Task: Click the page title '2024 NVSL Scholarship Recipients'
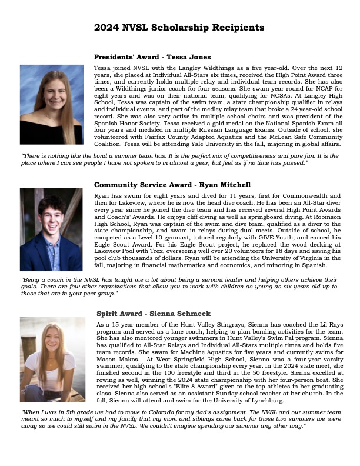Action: coord(179,28)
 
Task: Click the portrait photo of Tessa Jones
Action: coord(52,105)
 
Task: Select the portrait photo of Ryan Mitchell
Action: coord(51,229)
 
